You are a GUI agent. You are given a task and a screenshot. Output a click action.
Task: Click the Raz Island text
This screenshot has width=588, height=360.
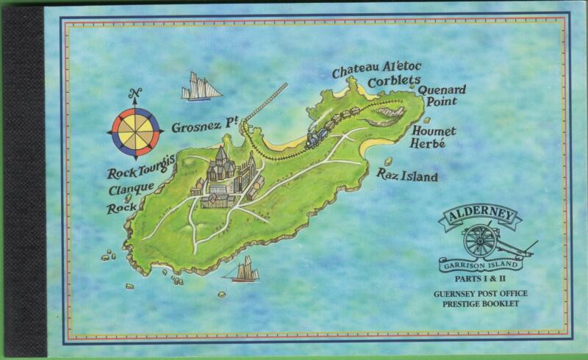click(407, 176)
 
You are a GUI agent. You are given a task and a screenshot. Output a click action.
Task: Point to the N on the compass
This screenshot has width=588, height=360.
click(134, 93)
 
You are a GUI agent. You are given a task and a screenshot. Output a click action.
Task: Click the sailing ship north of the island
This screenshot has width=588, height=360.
click(201, 87)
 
